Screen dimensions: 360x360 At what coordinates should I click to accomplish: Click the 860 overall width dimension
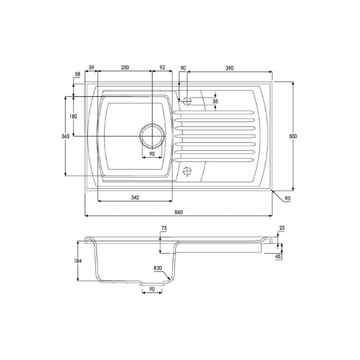pos(178,211)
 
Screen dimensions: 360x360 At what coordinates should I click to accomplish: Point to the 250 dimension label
pos(124,68)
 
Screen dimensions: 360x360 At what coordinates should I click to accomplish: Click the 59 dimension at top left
pos(92,68)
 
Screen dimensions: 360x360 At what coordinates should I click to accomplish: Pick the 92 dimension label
pos(163,68)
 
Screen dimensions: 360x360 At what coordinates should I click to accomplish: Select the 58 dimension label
pos(78,75)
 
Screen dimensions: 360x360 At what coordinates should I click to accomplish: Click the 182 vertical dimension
pos(73,117)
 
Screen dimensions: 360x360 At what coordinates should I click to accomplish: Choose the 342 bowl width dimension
pos(134,197)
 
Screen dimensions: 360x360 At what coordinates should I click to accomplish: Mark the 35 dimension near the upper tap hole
pos(215,102)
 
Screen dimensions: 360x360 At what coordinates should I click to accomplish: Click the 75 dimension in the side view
pos(164,227)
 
